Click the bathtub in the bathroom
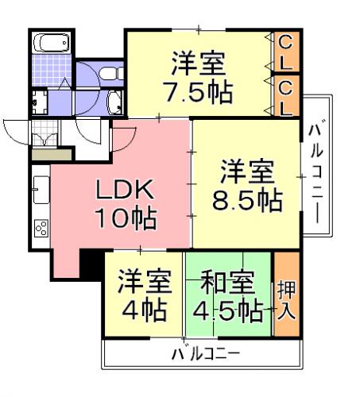tap(52, 43)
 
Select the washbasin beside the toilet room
tap(114, 102)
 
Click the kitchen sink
tap(41, 190)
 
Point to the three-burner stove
tap(41, 228)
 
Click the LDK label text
tap(125, 189)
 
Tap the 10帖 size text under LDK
tap(126, 218)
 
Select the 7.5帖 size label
tap(199, 92)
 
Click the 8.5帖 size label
tap(247, 199)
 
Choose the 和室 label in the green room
tap(227, 281)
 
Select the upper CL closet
tap(286, 52)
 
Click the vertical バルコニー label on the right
tap(316, 172)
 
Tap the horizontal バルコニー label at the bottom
tap(206, 353)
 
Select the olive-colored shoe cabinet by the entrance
tap(52, 155)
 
